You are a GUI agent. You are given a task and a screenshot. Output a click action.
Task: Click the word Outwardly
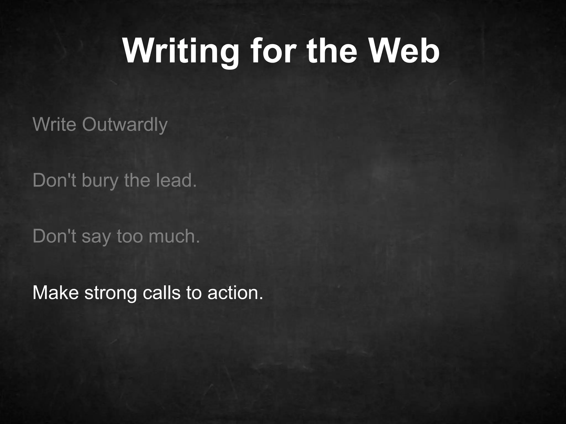[x=125, y=124]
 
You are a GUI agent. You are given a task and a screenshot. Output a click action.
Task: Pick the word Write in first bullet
[x=54, y=124]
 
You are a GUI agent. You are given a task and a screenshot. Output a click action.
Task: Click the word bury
[x=100, y=181]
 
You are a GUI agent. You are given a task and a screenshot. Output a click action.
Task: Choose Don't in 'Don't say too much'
[x=54, y=236]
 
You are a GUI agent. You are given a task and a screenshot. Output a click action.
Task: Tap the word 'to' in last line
[x=194, y=293]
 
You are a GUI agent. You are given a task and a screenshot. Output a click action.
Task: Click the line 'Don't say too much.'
[x=116, y=236]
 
